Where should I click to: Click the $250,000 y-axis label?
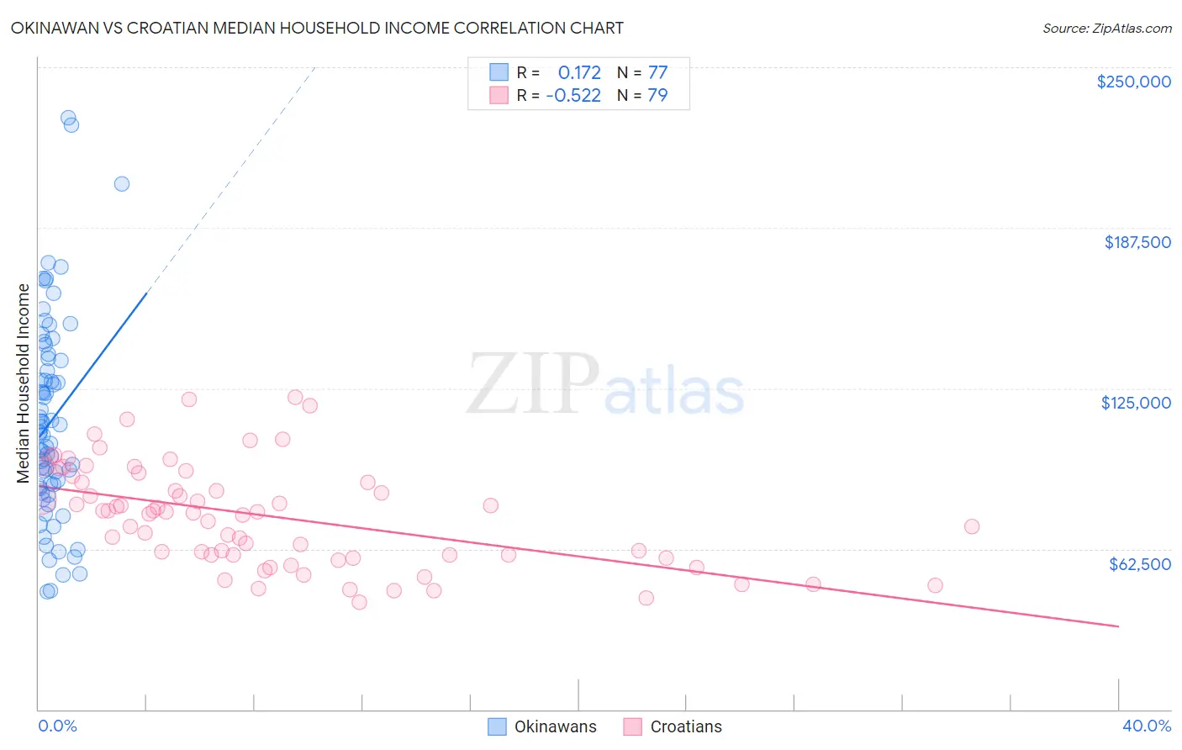tap(1133, 82)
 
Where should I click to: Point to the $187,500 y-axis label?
tap(1137, 242)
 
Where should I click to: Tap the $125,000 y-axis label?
tap(1136, 403)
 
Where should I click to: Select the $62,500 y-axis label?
tap(1139, 564)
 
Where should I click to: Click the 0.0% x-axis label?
tap(57, 726)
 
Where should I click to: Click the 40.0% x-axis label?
tap(1146, 726)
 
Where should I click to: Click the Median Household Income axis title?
tap(24, 383)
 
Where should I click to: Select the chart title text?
tap(317, 28)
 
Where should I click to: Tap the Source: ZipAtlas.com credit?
tap(1106, 29)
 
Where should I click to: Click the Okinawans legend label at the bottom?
tap(555, 726)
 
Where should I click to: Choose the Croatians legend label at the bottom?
tap(686, 726)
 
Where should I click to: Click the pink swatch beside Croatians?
tap(632, 726)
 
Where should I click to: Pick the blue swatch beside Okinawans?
tap(497, 726)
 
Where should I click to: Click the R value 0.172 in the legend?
tap(579, 73)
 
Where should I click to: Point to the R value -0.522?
tap(573, 96)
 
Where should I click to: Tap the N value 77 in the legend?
tap(657, 73)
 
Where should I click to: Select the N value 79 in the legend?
tap(657, 96)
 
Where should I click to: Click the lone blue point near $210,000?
tap(122, 184)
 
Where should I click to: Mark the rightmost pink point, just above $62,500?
tap(972, 526)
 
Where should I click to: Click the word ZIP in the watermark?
tap(533, 385)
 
